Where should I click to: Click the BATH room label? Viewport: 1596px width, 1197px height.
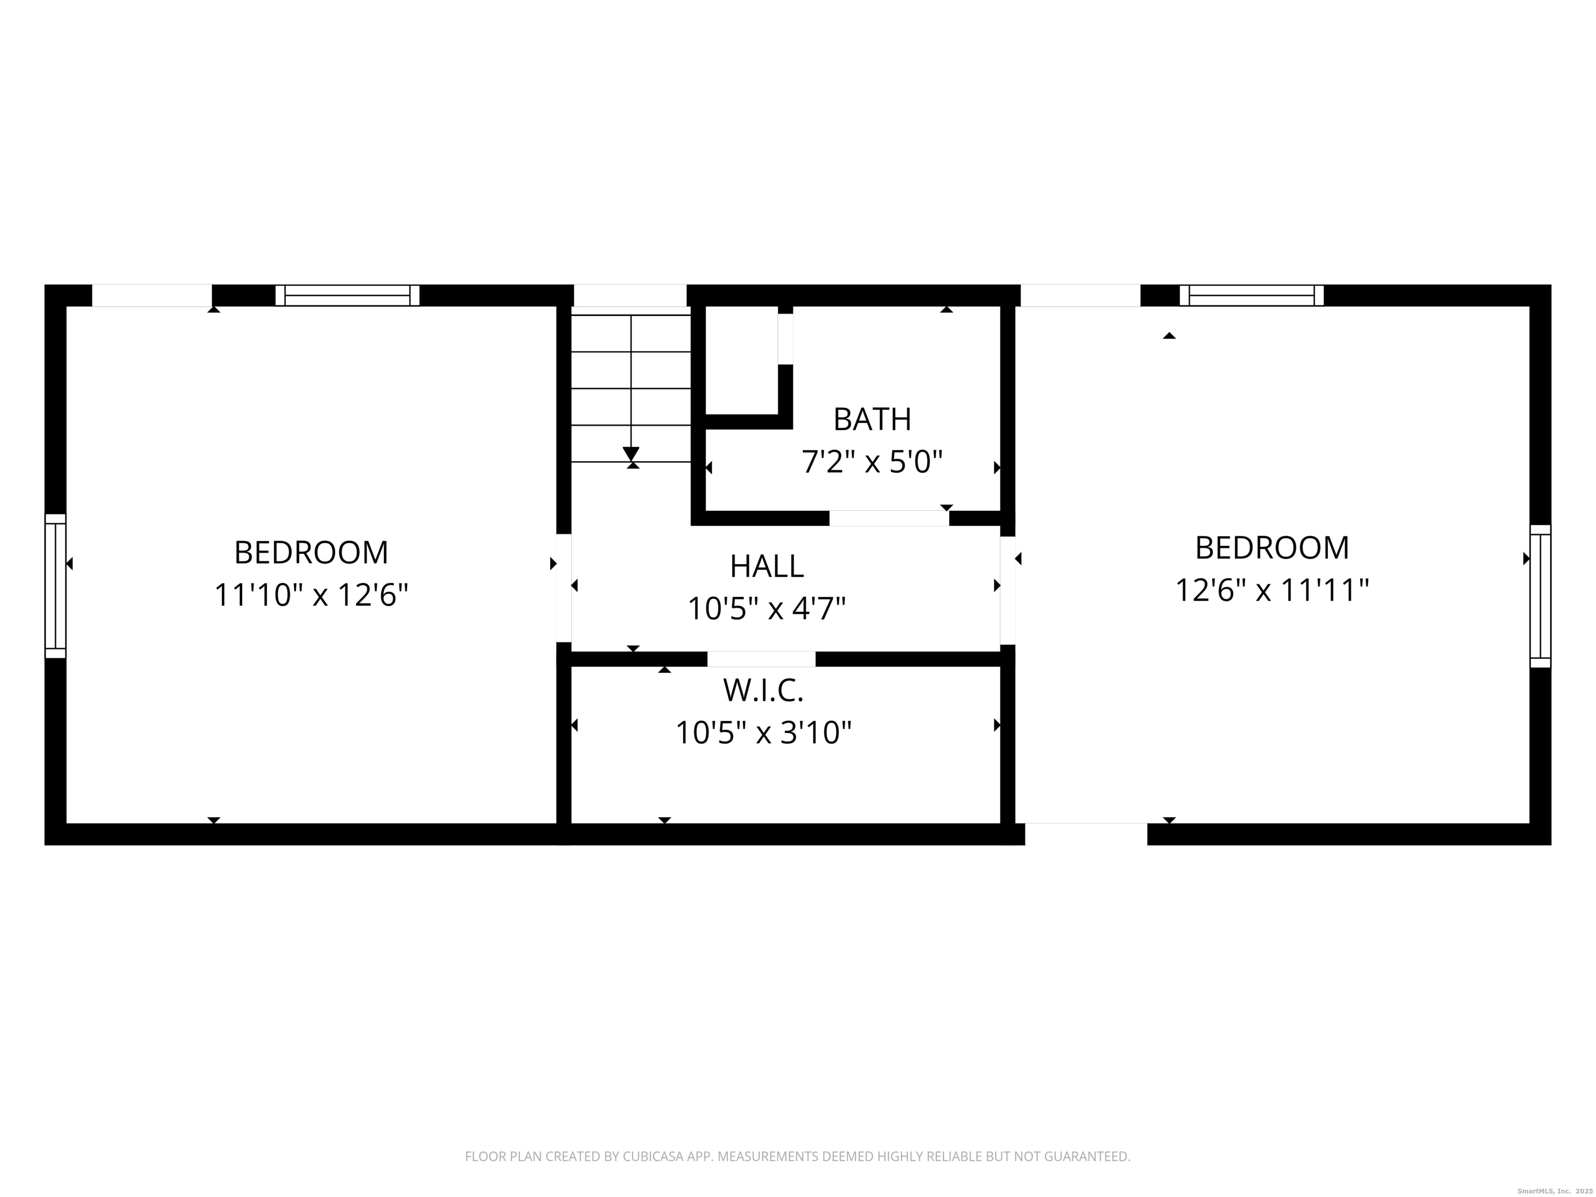872,419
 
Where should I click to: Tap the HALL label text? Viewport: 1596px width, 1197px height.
766,566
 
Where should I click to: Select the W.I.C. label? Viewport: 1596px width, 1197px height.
763,690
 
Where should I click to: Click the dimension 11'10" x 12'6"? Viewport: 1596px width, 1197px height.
311,595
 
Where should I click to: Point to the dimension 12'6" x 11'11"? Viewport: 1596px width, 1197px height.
1271,590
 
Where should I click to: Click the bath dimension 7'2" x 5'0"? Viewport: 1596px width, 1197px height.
872,462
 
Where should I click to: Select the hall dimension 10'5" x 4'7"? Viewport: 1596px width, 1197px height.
766,609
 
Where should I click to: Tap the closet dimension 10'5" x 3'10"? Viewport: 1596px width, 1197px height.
763,733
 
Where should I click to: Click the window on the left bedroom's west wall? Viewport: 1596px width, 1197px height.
56,586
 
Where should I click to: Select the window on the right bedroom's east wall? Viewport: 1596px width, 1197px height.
1540,596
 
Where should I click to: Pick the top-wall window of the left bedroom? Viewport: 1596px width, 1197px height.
347,295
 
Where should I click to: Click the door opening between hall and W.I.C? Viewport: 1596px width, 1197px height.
761,659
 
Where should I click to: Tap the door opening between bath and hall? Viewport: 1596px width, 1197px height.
888,518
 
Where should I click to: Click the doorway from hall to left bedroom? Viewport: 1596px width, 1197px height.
564,587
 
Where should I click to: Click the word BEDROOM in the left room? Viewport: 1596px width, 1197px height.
311,553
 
